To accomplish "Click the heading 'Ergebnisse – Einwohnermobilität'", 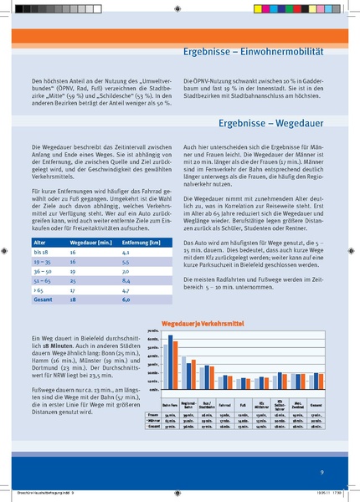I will pos(253,51).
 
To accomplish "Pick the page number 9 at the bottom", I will pos(321,473).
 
